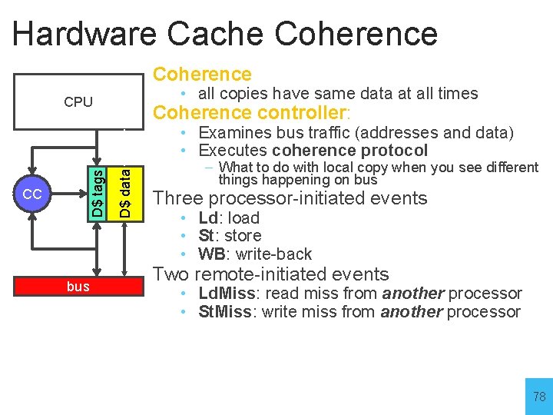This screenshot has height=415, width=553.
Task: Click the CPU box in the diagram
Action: (78, 101)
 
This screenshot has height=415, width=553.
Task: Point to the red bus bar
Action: (78, 287)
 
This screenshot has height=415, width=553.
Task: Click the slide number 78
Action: (538, 397)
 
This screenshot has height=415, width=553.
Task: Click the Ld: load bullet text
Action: (229, 218)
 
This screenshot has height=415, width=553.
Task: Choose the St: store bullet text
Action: (230, 236)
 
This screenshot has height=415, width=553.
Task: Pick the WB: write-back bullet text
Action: (255, 254)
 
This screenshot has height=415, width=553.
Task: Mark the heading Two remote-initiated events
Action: (271, 274)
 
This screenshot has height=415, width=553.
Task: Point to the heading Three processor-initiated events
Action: (290, 198)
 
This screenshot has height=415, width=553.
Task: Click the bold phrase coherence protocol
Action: (349, 151)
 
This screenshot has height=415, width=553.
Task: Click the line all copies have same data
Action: (338, 94)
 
